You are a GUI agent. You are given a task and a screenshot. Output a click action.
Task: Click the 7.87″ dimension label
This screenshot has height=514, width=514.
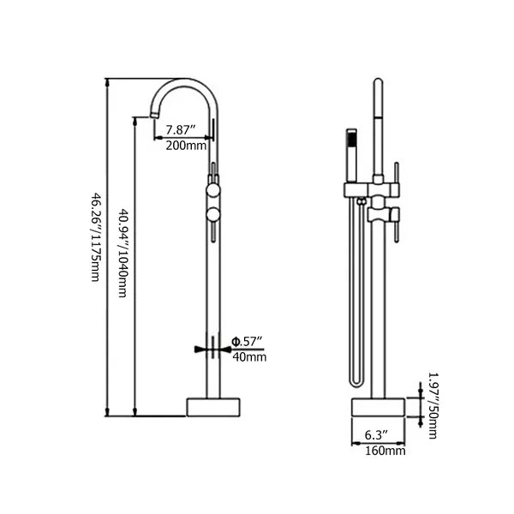[182, 130]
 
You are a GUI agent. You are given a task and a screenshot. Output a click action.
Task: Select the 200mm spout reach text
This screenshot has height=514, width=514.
[186, 145]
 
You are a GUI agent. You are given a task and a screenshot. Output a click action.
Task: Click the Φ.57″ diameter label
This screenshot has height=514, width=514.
[248, 342]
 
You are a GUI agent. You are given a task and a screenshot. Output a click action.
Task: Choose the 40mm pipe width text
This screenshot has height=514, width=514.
[249, 356]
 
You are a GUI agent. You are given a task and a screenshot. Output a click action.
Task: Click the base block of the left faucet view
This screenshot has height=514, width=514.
[212, 406]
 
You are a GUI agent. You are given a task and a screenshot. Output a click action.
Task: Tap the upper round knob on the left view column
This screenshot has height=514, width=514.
[212, 190]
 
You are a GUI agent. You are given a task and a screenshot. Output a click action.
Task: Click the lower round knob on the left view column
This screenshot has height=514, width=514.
[212, 214]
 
